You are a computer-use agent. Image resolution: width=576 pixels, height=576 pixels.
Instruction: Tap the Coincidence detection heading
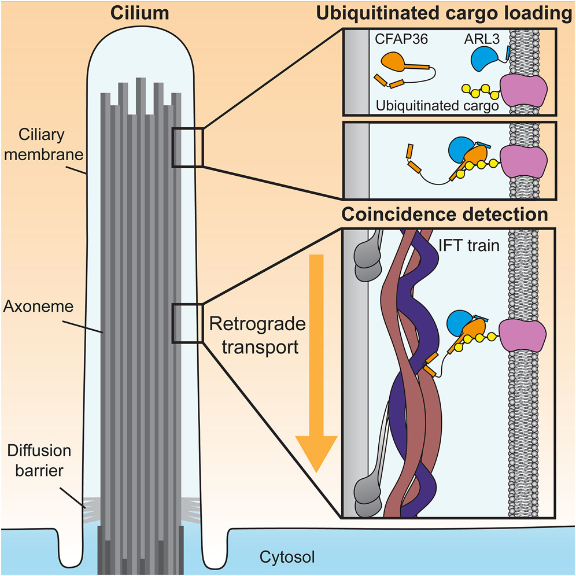point(445,215)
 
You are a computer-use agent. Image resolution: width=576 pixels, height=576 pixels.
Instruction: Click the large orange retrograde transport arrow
point(315,364)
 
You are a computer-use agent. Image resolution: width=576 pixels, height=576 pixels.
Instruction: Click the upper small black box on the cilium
point(186,147)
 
